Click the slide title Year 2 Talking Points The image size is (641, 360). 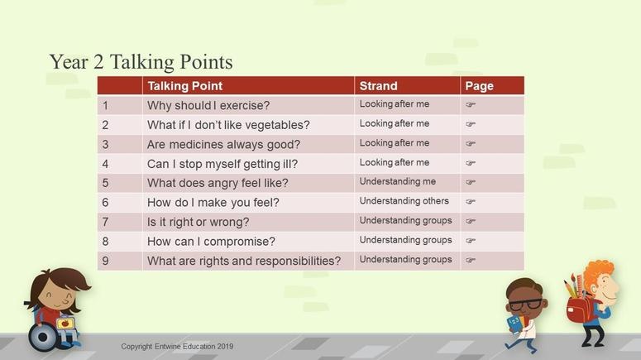(x=141, y=62)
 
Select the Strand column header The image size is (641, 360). (x=378, y=86)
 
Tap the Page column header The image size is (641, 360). (x=479, y=86)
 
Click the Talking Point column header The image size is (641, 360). (x=185, y=86)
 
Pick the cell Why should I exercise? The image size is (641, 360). (x=208, y=106)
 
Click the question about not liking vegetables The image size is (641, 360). (x=228, y=125)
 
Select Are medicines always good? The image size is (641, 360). (x=223, y=144)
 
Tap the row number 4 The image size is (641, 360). (x=106, y=164)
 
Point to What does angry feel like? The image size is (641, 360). (x=218, y=183)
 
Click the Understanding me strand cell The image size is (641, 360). (x=397, y=181)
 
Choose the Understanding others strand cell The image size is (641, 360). (x=404, y=201)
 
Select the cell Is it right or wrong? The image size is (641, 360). (x=199, y=222)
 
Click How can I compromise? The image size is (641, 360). (x=212, y=242)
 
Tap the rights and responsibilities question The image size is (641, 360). (x=244, y=261)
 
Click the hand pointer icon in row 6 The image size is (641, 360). (x=471, y=201)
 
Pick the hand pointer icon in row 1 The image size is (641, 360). (x=471, y=104)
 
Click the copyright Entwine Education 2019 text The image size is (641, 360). (x=177, y=347)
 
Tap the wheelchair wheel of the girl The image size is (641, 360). (x=42, y=337)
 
